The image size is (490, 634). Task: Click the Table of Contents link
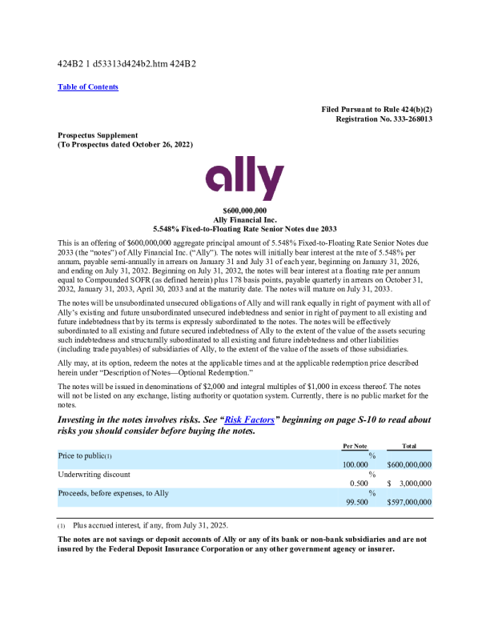(x=88, y=87)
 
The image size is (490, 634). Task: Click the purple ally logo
(x=244, y=179)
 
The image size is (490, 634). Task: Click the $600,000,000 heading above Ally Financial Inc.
(x=244, y=211)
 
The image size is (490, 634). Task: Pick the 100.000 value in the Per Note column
(x=355, y=464)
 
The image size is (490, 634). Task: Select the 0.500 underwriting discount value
(x=359, y=484)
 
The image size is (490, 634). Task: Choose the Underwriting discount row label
(x=94, y=475)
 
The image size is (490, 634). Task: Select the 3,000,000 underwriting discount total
(x=414, y=484)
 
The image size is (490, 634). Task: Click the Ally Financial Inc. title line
(x=245, y=219)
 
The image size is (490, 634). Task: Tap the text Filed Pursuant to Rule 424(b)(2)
(x=377, y=109)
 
